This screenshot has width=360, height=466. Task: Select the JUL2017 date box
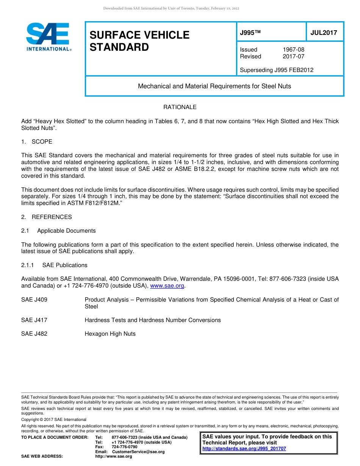tap(324, 33)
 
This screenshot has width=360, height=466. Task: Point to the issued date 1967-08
tap(293, 50)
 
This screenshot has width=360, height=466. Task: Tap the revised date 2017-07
tap(293, 56)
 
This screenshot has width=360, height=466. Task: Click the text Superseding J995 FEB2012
tap(277, 70)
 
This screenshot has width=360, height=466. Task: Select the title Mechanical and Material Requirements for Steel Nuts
tap(214, 86)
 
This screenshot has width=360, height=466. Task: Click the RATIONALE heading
tap(180, 107)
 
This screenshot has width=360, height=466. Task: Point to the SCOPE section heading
tap(42, 142)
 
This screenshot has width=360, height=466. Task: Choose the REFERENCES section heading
tap(52, 217)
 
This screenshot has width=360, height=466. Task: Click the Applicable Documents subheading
tap(66, 231)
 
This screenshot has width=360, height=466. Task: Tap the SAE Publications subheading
tap(65, 265)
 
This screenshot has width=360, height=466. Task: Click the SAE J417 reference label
tap(34, 320)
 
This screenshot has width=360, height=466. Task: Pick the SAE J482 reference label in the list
tap(34, 334)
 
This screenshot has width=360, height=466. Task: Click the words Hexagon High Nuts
tap(110, 334)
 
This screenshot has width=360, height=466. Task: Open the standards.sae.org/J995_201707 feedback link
tap(244, 449)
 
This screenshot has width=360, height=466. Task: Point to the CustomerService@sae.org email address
tap(138, 452)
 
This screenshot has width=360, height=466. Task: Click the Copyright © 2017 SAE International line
tap(54, 419)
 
